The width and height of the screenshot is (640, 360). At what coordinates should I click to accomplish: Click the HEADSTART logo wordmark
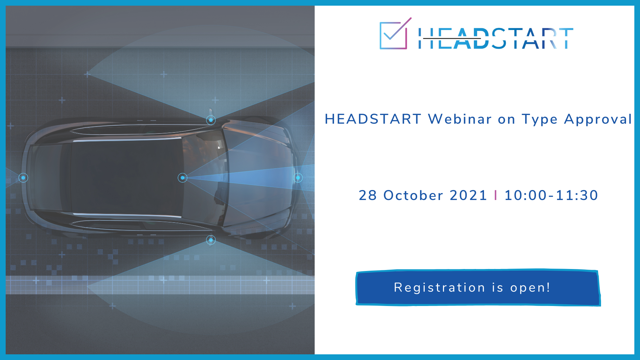click(496, 38)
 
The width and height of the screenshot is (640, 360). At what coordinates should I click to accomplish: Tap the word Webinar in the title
click(460, 119)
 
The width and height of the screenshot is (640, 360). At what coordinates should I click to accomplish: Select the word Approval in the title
click(598, 119)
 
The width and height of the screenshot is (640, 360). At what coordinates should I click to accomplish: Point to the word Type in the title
click(540, 119)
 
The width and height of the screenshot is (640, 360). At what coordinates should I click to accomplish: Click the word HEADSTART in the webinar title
click(373, 119)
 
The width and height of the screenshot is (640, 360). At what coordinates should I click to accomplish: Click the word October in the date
click(413, 195)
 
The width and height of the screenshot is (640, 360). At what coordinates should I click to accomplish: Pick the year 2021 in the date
click(468, 195)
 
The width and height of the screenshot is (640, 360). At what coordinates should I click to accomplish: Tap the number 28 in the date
click(368, 195)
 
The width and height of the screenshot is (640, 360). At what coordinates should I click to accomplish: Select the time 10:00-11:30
click(551, 195)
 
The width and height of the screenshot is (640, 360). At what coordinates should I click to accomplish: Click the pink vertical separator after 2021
click(496, 195)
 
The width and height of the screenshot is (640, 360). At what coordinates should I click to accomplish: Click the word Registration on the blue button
click(439, 288)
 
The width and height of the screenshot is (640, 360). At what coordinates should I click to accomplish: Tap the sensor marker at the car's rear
click(23, 178)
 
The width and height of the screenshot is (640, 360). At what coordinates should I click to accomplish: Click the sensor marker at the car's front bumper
click(298, 178)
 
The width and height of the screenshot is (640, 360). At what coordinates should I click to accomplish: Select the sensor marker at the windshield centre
click(182, 178)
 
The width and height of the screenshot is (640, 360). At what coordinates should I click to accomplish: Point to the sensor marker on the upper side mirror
click(211, 120)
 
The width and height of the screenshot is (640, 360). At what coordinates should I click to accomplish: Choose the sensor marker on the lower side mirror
click(211, 240)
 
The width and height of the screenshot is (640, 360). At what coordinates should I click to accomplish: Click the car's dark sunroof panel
click(127, 178)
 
